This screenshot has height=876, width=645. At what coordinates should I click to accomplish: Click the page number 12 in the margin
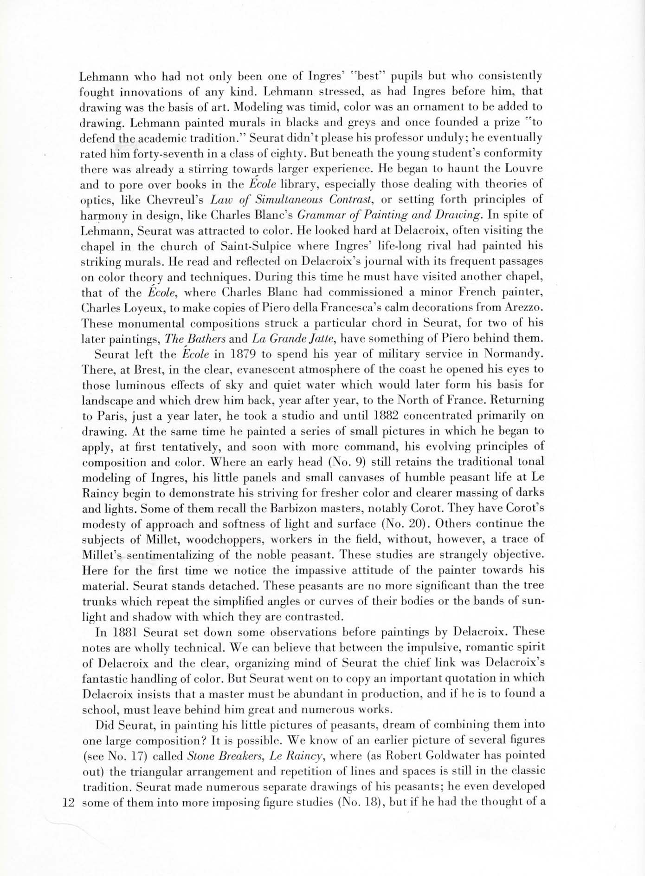coord(68,802)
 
